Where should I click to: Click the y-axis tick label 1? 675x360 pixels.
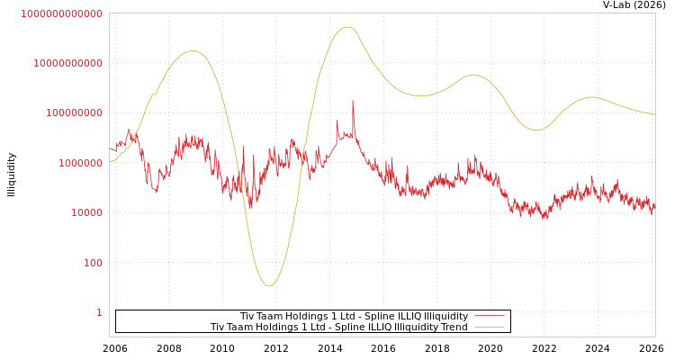coord(99,312)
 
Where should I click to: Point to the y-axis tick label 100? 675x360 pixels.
coord(93,263)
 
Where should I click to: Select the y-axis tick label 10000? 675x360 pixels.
coord(86,213)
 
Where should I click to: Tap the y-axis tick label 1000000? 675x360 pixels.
coord(80,163)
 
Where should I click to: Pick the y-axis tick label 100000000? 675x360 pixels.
coord(74,113)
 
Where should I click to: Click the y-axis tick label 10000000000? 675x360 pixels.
coord(67,63)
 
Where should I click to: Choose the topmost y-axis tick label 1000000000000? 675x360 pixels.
coord(61,13)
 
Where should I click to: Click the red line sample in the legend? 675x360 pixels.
coord(489,316)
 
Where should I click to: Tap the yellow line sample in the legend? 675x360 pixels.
coord(489,327)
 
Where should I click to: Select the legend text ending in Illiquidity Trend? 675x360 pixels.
coord(338,327)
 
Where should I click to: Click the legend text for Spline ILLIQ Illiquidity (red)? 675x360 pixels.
coord(354,316)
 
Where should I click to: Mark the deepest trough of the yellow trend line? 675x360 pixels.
coord(268,286)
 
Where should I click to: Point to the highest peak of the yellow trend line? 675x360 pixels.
coord(348,27)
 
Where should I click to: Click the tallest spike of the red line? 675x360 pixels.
coord(353,100)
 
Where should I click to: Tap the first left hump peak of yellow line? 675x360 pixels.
coord(192,51)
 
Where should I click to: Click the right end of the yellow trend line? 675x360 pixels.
coord(654,114)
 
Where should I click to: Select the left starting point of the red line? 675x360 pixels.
coord(110,148)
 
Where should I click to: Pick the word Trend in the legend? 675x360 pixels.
coord(453,327)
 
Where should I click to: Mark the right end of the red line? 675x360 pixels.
coord(654,206)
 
